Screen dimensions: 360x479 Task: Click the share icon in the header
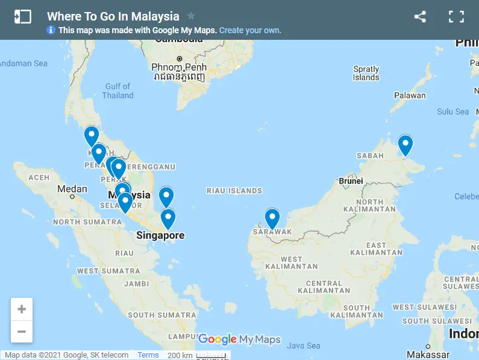pyautogui.click(x=420, y=17)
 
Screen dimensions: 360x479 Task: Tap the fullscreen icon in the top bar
pyautogui.click(x=456, y=17)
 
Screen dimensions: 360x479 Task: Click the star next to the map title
pyautogui.click(x=191, y=16)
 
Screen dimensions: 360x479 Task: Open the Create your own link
pyautogui.click(x=250, y=30)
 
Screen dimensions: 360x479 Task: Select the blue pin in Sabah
pyautogui.click(x=405, y=145)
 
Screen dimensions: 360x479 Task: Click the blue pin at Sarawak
pyautogui.click(x=272, y=218)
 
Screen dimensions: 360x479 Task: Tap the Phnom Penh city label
pyautogui.click(x=179, y=66)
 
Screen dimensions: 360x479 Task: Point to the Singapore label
pyautogui.click(x=160, y=235)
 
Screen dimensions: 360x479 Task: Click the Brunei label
pyautogui.click(x=351, y=181)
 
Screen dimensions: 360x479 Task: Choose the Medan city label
pyautogui.click(x=72, y=189)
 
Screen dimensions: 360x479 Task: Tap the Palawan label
pyautogui.click(x=410, y=95)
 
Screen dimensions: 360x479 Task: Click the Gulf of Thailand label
pyautogui.click(x=117, y=90)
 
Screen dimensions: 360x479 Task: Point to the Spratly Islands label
pyautogui.click(x=366, y=73)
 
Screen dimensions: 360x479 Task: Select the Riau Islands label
pyautogui.click(x=234, y=191)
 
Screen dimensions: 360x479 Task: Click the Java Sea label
pyautogui.click(x=304, y=346)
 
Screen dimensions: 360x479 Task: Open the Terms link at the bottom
pyautogui.click(x=148, y=355)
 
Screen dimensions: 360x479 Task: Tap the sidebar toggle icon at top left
pyautogui.click(x=22, y=17)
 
